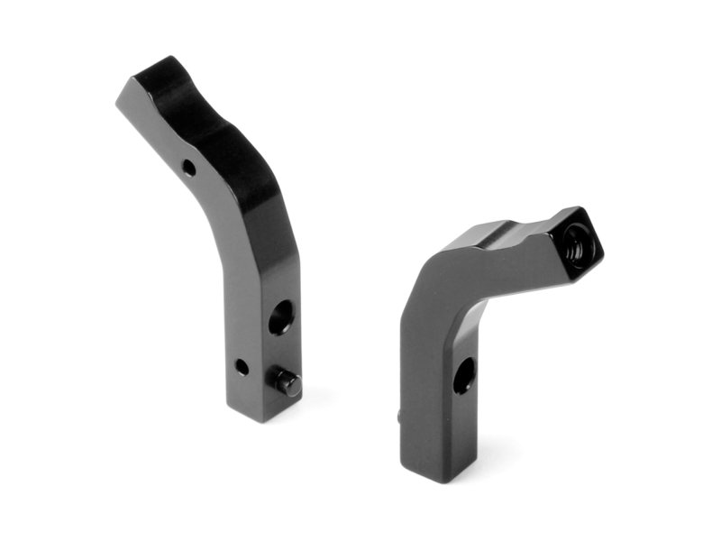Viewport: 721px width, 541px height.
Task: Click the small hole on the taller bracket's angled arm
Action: tap(187, 167)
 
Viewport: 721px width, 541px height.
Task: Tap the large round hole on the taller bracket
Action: tap(279, 316)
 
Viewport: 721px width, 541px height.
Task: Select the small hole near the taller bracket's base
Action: tap(242, 367)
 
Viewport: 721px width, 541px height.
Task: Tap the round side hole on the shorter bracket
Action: tap(463, 374)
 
